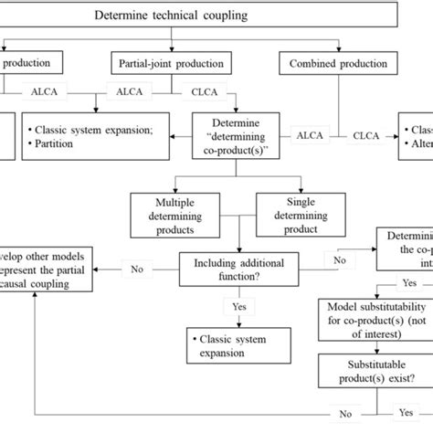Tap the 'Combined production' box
tap(337, 63)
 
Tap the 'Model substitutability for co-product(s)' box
tap(369, 321)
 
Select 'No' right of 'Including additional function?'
tap(341, 259)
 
